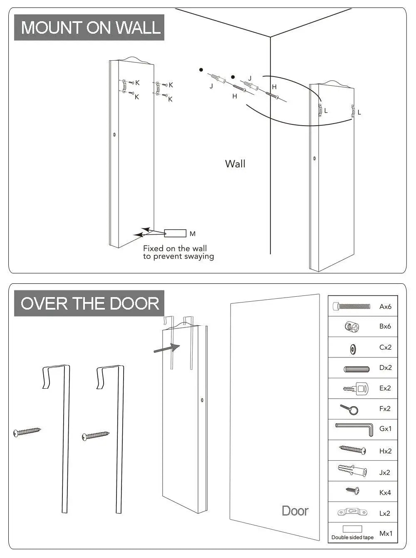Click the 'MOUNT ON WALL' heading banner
pos(89,27)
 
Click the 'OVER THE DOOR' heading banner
pos(89,303)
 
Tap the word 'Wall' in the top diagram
pos(235,164)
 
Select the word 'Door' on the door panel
pos(295,511)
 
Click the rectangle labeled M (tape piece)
pos(175,233)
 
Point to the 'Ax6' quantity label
pos(385,307)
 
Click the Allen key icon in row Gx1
pos(354,429)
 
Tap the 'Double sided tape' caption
pos(352,537)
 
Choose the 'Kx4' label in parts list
pos(385,493)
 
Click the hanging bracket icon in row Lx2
pos(353,512)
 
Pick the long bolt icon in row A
pos(352,307)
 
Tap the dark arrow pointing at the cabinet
pos(166,348)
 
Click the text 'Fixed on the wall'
pos(175,248)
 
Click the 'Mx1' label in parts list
pos(386,533)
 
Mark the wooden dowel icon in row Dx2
pos(357,369)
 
